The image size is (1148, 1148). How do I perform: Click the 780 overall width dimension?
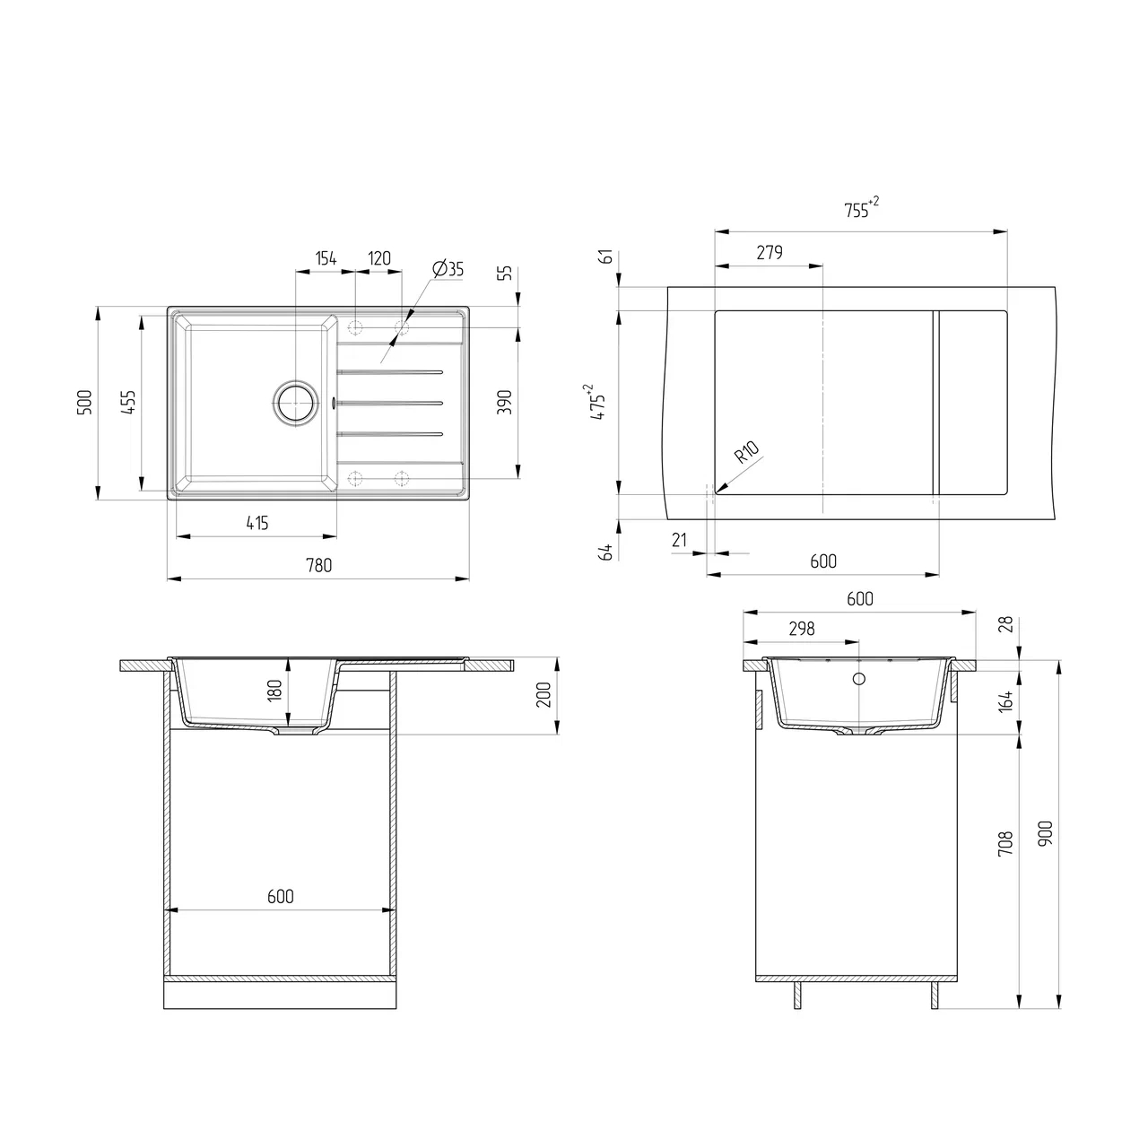coord(318,565)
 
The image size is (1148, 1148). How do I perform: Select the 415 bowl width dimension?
coord(257,523)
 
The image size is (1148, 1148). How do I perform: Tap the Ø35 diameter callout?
coord(448,269)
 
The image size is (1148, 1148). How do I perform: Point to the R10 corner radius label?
coord(746,452)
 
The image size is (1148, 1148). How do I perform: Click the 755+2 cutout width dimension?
coord(861,208)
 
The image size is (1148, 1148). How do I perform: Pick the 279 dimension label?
coord(770,253)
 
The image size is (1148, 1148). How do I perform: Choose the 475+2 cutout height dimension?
coord(596,402)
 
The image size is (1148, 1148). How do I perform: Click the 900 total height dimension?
coord(1045,833)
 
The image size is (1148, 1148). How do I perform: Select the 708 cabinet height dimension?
coord(1005,844)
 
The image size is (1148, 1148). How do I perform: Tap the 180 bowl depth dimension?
coord(274,691)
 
